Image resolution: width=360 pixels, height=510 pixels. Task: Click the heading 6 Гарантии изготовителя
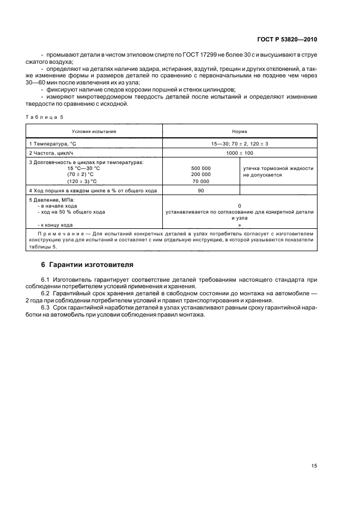[x=88, y=264]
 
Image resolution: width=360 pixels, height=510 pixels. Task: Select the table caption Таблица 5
[x=45, y=117]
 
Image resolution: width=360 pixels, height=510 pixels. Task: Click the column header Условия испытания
[x=94, y=131]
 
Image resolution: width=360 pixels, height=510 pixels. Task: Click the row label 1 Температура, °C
[x=53, y=143]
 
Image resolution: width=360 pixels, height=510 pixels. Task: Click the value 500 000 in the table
[x=201, y=168]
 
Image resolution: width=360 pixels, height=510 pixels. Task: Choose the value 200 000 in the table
[x=201, y=174]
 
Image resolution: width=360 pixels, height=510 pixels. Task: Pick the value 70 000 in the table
[x=201, y=181]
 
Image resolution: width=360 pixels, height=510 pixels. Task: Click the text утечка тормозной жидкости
[x=278, y=168]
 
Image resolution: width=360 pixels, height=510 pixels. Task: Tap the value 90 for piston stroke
[x=201, y=191]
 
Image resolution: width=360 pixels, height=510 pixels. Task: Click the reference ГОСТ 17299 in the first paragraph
[x=197, y=55]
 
